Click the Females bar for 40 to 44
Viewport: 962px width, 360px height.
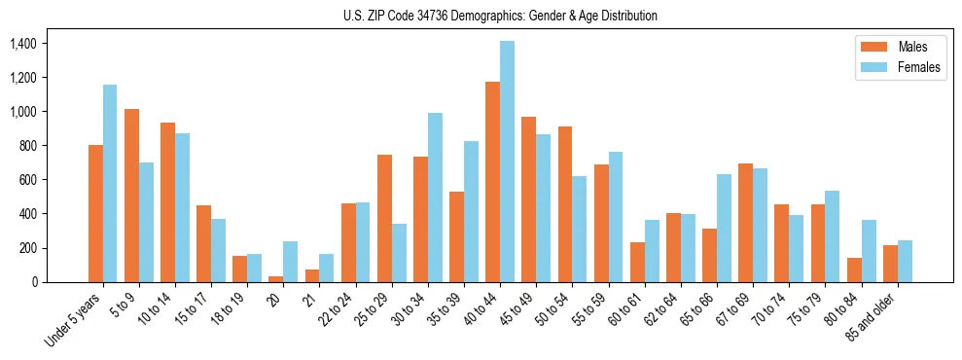tap(507, 162)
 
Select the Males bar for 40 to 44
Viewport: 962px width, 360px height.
tap(492, 182)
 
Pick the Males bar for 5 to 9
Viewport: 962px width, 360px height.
tap(131, 196)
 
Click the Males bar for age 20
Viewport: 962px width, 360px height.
tap(276, 278)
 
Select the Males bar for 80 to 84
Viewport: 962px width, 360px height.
tap(854, 270)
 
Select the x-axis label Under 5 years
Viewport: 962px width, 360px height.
tap(74, 321)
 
